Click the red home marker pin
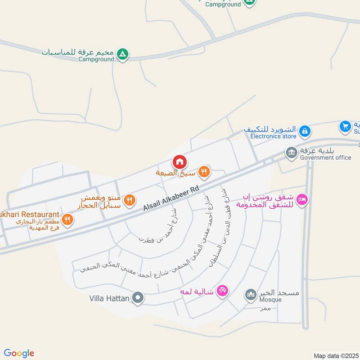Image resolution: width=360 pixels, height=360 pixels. tap(179, 162)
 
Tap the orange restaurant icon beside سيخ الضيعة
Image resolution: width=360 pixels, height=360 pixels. tap(204, 171)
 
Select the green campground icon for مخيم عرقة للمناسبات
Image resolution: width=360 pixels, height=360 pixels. tap(122, 55)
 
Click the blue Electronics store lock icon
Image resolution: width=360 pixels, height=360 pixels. tap(305, 131)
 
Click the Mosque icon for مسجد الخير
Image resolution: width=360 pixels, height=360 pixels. tap(250, 295)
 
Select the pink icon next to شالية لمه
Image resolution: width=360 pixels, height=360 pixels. tap(222, 291)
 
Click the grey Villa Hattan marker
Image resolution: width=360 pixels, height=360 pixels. tap(138, 297)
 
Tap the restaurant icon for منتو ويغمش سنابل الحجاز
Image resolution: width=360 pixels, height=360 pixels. tap(129, 200)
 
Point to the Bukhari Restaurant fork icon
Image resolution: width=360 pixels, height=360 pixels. tap(67, 219)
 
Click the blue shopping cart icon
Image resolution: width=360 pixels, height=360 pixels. tap(345, 126)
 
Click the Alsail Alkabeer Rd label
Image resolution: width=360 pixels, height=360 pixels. tap(171, 200)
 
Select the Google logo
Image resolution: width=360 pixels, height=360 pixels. tap(19, 353)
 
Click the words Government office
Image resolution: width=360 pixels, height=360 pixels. tap(325, 157)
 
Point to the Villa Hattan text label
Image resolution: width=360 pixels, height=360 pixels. tap(109, 298)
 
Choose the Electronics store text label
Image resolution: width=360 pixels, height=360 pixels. tap(273, 136)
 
